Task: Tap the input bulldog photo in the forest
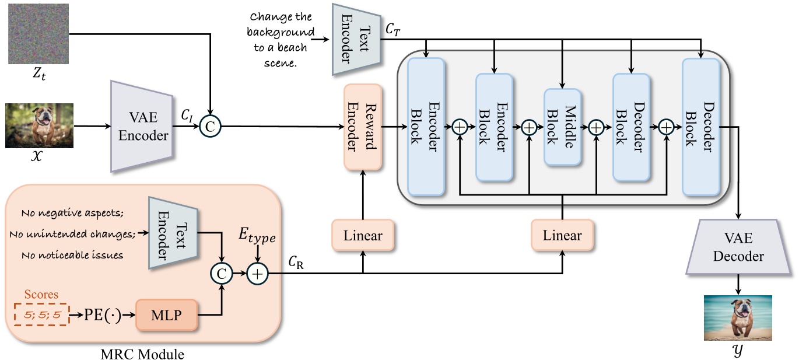pos(40,125)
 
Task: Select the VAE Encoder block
pos(142,126)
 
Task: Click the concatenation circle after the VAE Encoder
pos(208,125)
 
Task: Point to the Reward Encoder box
pos(363,127)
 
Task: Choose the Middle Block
pos(562,127)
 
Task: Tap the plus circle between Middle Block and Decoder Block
pos(597,127)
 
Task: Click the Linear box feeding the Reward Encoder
pos(363,236)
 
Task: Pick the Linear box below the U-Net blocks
pos(562,236)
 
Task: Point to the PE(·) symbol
pos(102,316)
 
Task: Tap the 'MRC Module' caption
pos(142,354)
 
